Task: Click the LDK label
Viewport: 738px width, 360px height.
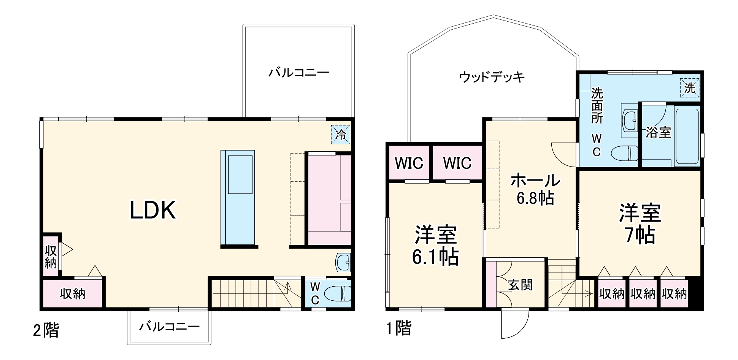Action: click(153, 210)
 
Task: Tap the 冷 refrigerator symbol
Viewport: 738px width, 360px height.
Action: click(340, 134)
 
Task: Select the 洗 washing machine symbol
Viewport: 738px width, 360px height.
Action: click(689, 88)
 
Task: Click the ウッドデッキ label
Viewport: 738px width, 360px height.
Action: click(492, 77)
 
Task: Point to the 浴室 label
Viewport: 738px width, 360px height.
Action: click(658, 132)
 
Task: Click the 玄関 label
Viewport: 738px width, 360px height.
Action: click(520, 285)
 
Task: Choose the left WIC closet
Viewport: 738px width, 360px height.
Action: click(409, 163)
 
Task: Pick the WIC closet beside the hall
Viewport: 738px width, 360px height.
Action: click(457, 163)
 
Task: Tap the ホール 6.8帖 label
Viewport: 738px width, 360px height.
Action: click(535, 189)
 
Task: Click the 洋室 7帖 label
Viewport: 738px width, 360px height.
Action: click(640, 224)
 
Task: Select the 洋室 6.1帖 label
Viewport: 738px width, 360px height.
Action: click(435, 246)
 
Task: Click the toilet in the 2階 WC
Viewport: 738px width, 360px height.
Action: click(338, 294)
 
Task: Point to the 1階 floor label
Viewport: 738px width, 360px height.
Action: click(399, 328)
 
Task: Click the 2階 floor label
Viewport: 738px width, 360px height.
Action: click(46, 330)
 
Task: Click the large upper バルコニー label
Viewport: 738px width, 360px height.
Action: click(298, 73)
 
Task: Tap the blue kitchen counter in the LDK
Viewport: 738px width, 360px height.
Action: click(238, 198)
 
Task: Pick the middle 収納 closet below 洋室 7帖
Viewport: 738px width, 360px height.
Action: click(643, 294)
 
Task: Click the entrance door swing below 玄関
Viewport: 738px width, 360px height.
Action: click(515, 322)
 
